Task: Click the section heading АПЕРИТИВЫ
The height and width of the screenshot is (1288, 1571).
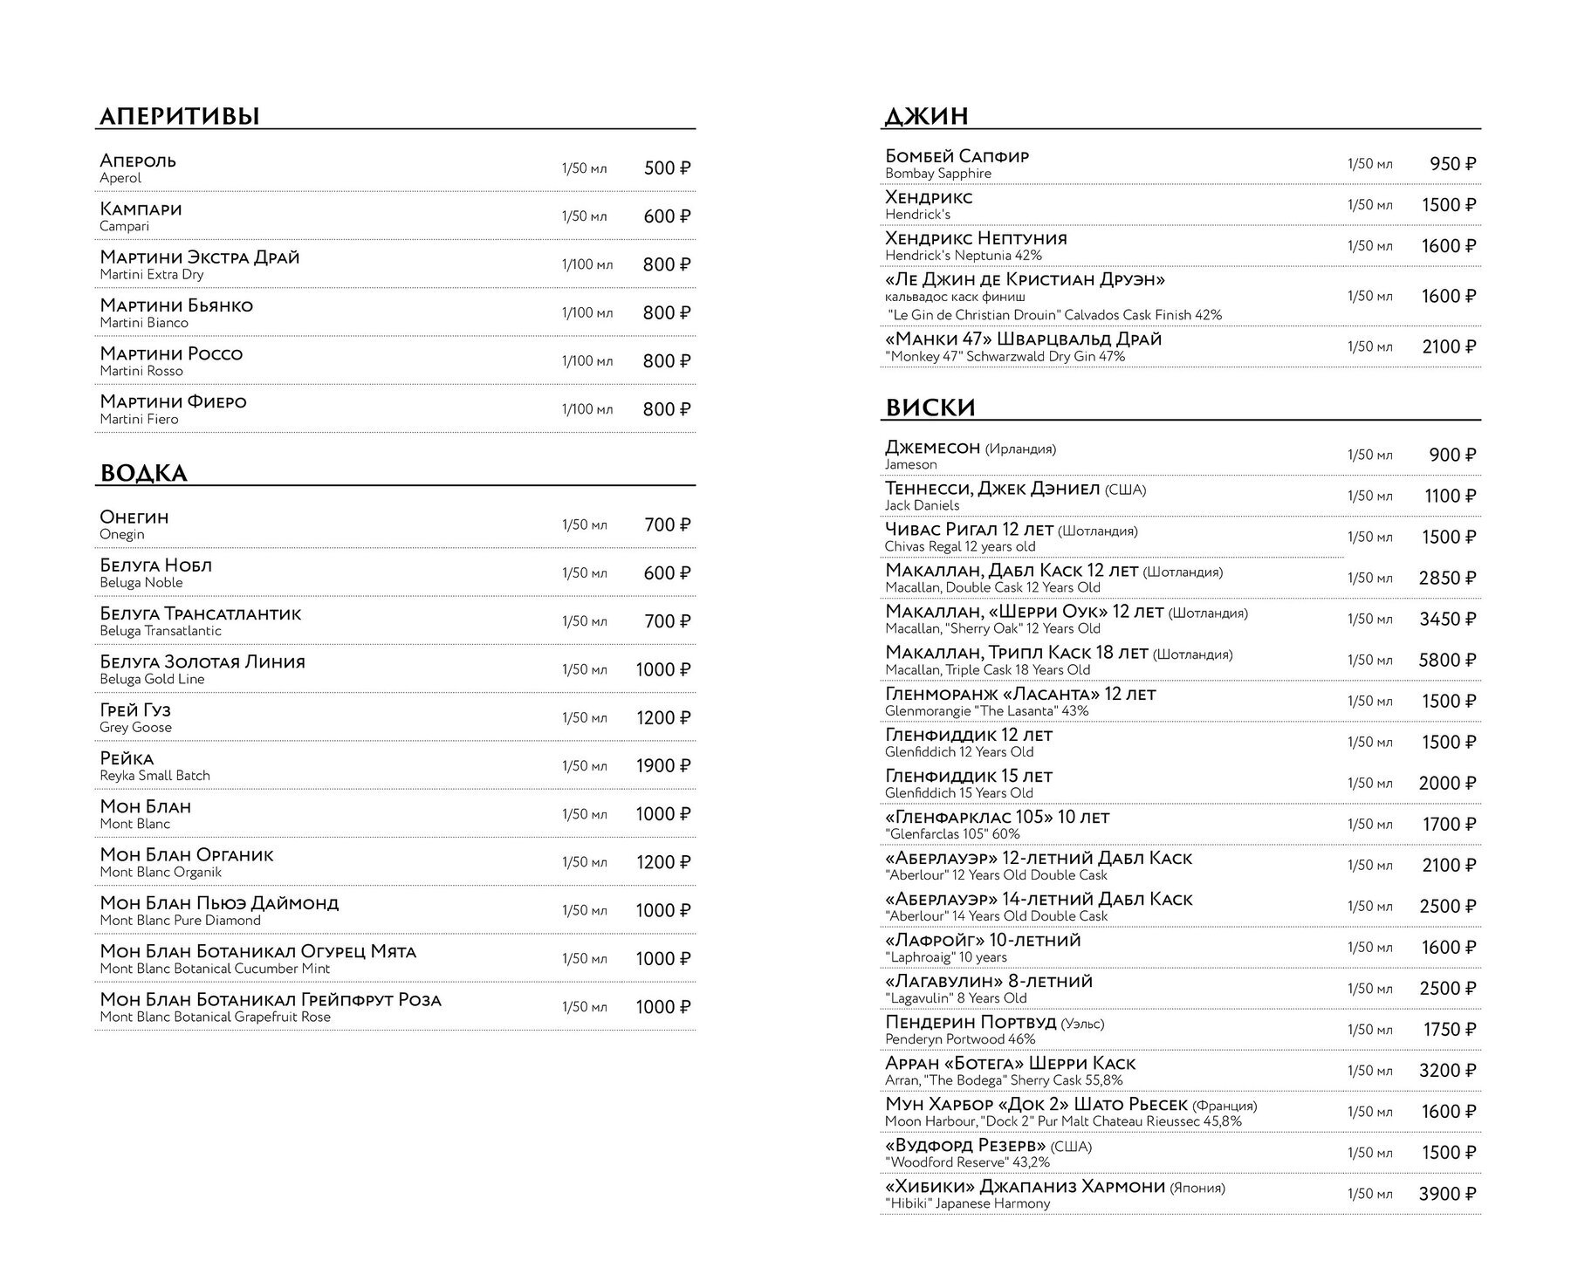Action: click(180, 116)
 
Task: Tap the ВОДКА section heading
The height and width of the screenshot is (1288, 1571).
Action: click(144, 474)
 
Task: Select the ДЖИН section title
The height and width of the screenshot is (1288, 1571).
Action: click(927, 116)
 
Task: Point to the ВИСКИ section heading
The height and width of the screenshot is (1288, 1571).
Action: click(930, 408)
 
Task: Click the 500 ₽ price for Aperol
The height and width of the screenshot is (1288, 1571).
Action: click(667, 168)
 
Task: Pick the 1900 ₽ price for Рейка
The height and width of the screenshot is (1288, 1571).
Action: click(663, 766)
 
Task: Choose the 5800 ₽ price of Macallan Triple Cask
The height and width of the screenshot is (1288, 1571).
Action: click(1447, 661)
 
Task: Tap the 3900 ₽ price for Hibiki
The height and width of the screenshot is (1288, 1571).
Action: click(1447, 1195)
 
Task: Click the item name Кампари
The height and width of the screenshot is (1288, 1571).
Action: click(141, 209)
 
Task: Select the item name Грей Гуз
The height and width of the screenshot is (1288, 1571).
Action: click(135, 710)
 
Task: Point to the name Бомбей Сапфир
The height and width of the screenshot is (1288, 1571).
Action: click(957, 156)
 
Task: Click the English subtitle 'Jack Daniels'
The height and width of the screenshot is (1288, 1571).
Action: click(922, 505)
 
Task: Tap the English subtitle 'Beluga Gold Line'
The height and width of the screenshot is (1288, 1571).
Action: click(152, 679)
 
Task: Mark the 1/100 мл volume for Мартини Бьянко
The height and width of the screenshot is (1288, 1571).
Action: click(587, 313)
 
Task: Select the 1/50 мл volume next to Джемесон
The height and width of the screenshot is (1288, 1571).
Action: click(1370, 456)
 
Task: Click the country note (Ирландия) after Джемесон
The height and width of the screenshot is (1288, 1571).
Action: click(1020, 449)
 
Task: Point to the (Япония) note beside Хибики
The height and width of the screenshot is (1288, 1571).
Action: click(1197, 1188)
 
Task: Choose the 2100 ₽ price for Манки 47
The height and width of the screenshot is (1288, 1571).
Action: click(1449, 347)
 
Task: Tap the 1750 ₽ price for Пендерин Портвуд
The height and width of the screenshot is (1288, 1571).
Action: click(1449, 1031)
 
